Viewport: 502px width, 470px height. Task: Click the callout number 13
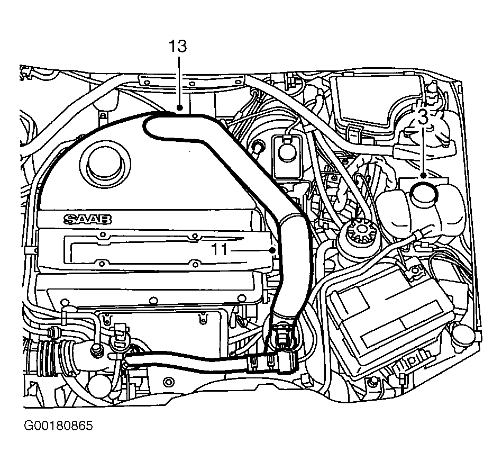178,46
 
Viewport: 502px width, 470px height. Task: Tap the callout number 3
423,118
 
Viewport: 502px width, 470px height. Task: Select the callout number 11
220,250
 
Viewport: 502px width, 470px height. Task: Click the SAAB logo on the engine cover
87,219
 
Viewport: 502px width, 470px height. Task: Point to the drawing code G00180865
59,426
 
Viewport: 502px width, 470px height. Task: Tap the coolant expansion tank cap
425,194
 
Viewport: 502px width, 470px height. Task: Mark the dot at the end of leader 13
180,109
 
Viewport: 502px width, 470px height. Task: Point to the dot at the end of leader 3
423,176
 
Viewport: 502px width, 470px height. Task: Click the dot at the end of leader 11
273,250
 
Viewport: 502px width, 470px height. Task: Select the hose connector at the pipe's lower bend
282,349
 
